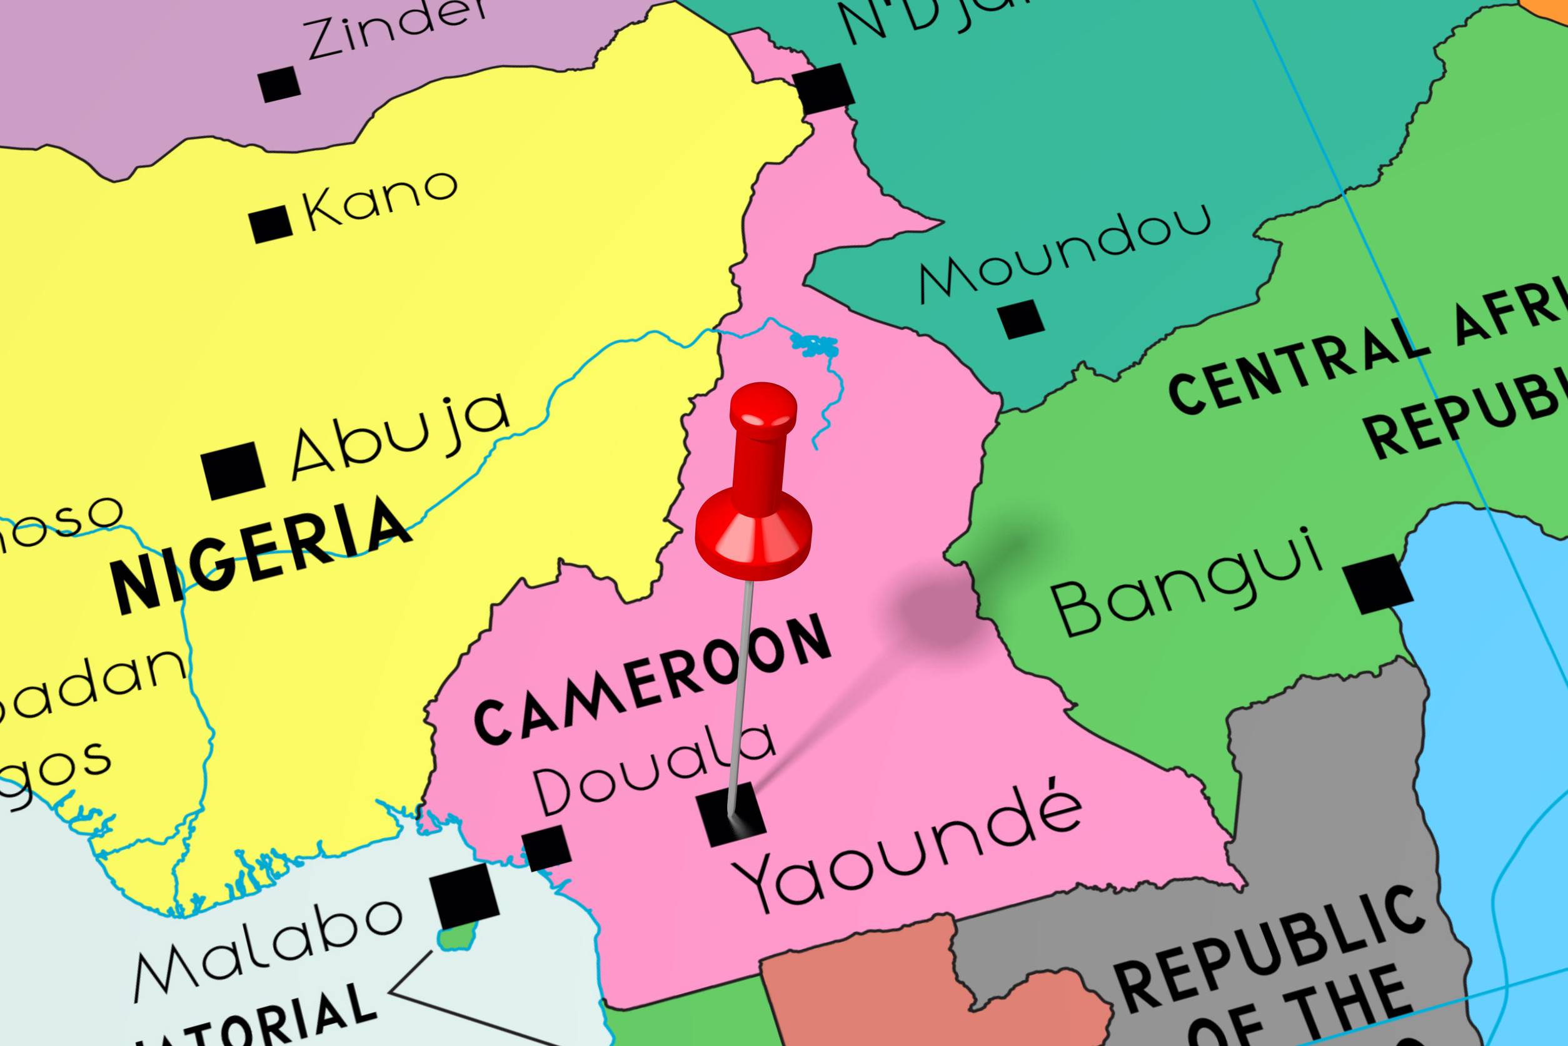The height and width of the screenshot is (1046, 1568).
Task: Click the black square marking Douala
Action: (x=546, y=848)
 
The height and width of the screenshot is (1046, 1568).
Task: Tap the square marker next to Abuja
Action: (x=233, y=470)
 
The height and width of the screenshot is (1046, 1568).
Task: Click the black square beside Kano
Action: (x=271, y=224)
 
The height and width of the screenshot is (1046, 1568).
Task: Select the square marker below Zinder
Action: (x=279, y=84)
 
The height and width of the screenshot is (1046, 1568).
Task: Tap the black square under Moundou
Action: (x=1021, y=319)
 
